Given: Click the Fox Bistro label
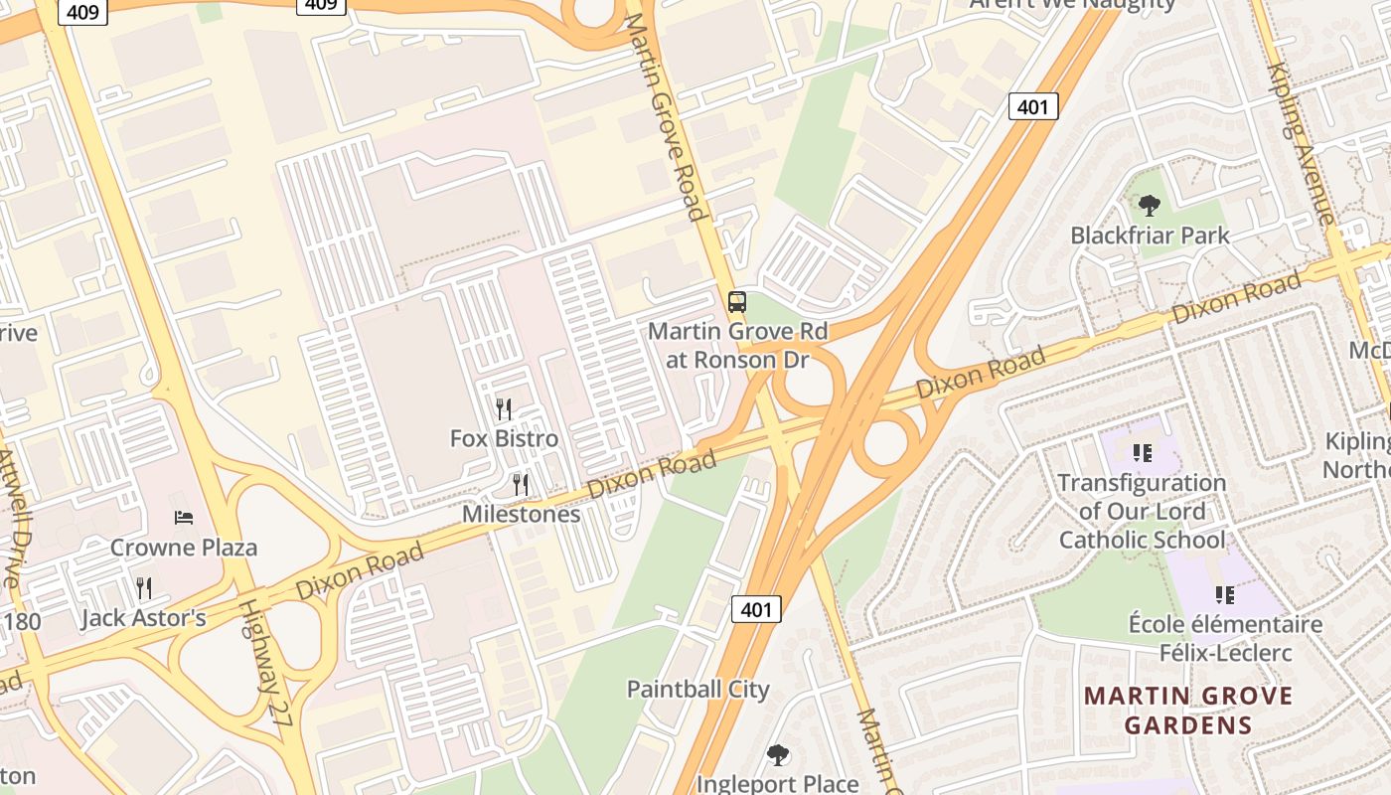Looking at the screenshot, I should tap(504, 438).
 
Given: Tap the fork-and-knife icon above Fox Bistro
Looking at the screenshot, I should tap(504, 408).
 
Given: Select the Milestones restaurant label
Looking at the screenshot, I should tap(521, 514).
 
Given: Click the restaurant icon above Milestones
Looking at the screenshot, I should tap(520, 484).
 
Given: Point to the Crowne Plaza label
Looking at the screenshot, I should tap(183, 547).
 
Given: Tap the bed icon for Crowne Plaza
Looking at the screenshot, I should tap(184, 517).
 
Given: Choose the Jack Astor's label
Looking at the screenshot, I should tap(143, 618).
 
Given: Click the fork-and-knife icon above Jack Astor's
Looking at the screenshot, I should tap(144, 588).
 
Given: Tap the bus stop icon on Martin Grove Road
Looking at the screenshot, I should tap(736, 301).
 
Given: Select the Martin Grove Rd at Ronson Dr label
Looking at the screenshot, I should tap(736, 345).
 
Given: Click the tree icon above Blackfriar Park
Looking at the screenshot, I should tap(1150, 206).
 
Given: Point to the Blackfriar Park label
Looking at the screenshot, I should tap(1150, 236).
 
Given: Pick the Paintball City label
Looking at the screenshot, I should tap(697, 689).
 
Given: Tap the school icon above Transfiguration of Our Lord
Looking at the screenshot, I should tap(1142, 453).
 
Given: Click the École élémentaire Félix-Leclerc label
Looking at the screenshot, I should tap(1225, 638).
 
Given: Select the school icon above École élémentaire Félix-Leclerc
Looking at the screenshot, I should tap(1225, 594).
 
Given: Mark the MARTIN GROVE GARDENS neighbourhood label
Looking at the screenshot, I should tap(1188, 710).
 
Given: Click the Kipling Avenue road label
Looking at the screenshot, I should tap(1301, 143).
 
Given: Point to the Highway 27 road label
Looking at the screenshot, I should tap(266, 665).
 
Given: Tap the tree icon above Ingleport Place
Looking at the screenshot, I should tap(778, 755).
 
